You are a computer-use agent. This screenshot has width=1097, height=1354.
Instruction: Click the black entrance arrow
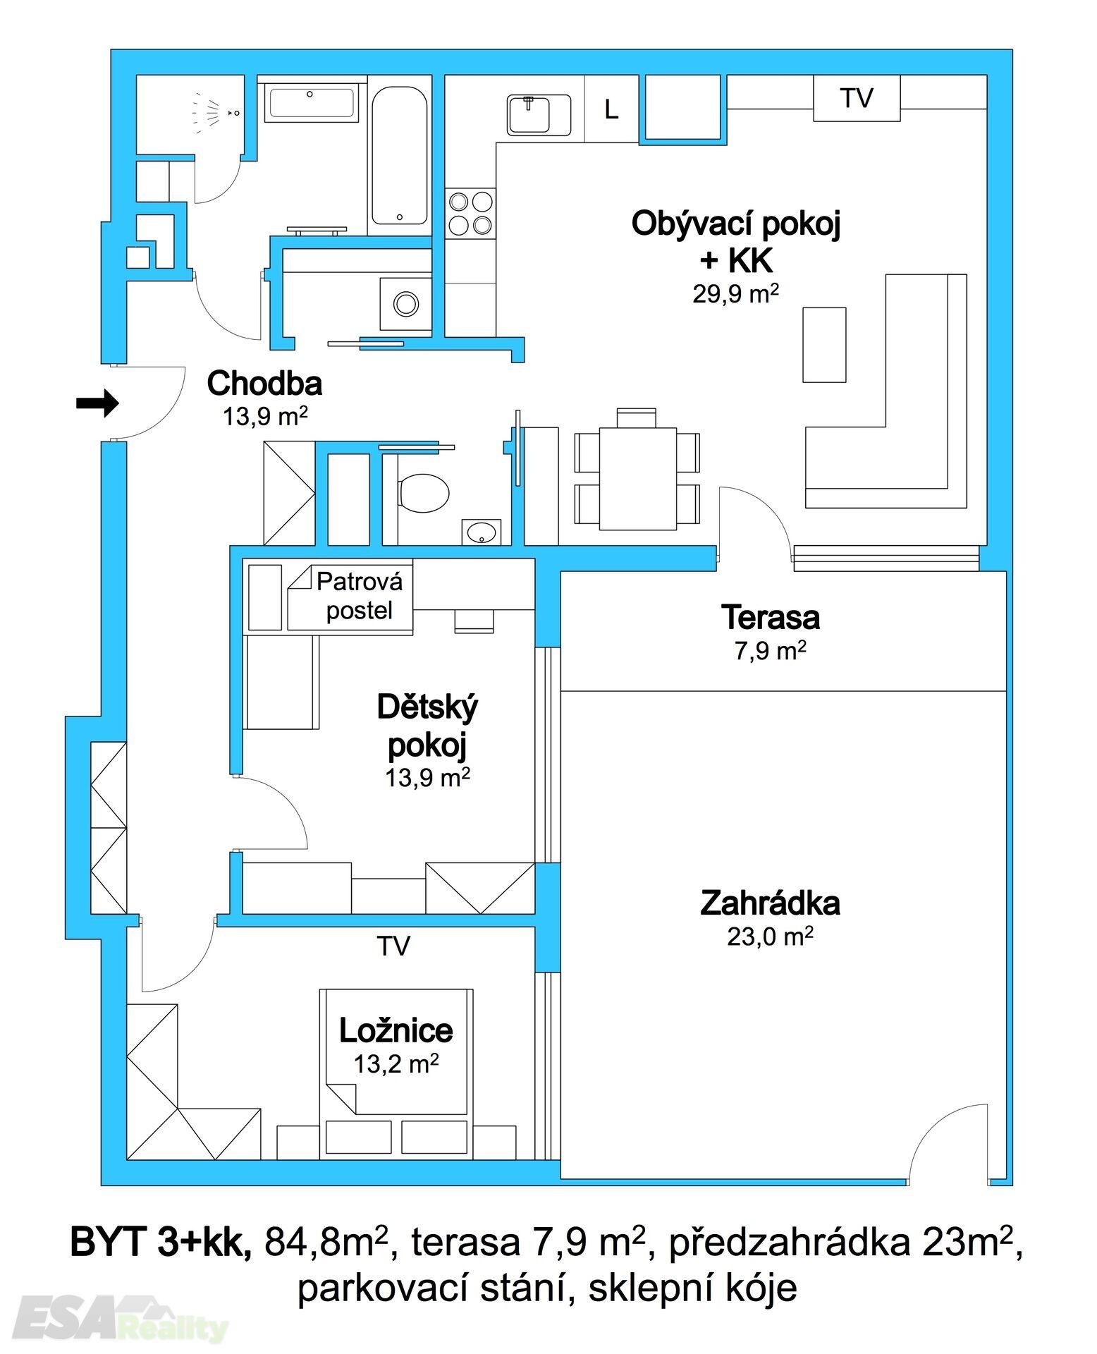97,403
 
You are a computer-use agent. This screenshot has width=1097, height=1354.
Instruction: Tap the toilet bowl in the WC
423,492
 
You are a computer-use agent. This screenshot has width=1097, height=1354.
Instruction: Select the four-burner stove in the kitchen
470,214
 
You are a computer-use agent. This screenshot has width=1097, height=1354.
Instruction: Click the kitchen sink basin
539,115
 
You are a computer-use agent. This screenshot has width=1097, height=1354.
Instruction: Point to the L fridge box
611,109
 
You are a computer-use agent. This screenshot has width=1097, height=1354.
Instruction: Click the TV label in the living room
857,98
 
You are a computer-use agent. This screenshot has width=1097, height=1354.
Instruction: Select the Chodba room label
264,383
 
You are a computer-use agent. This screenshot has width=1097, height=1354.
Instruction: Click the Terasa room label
770,617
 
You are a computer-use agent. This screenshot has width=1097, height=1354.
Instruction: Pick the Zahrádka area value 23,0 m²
770,937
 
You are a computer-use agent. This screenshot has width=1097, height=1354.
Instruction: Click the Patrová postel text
360,596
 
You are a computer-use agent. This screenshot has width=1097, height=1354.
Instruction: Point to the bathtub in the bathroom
399,156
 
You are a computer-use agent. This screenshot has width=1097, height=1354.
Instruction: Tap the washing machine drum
406,304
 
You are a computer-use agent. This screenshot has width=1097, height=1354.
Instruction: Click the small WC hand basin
482,532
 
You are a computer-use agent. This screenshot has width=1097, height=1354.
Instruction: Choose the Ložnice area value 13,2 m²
396,1063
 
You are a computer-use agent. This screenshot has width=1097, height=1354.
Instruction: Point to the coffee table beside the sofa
824,344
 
